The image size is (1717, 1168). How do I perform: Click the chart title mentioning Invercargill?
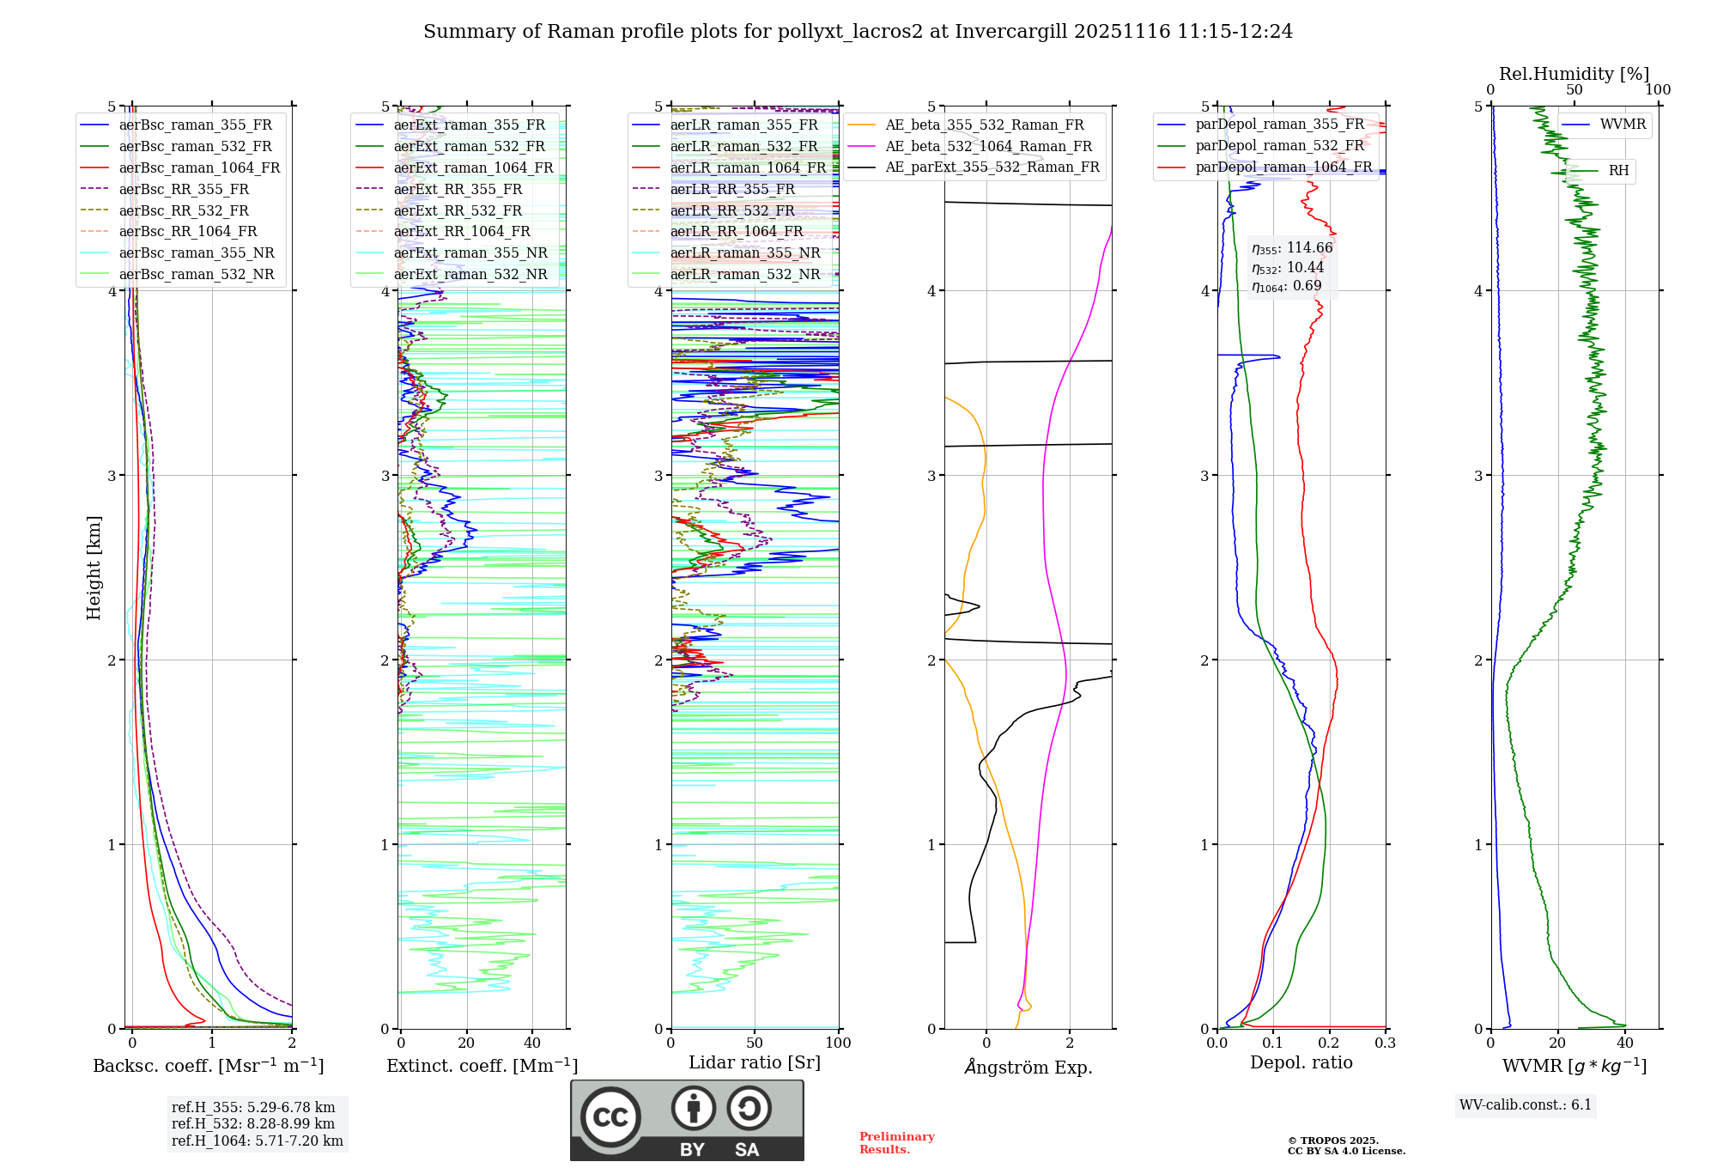coord(858,32)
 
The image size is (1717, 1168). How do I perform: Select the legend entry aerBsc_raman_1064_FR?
coord(199,168)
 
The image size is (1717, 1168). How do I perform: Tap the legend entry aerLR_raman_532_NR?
coord(745,275)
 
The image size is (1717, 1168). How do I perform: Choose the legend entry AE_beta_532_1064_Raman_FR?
coord(988,147)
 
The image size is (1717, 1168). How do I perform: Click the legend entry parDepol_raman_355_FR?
coord(1279,125)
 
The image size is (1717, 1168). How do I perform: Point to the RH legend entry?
coord(1618,171)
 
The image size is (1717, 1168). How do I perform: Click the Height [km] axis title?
coord(94,568)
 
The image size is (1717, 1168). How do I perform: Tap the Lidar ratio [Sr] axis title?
coord(755,1063)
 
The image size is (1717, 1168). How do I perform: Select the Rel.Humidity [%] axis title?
coord(1574,74)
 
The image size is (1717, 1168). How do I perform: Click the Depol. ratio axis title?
coord(1301,1063)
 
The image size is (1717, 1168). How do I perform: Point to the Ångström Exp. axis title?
coord(1028,1068)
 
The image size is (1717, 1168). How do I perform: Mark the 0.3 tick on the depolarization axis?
coord(1385,1043)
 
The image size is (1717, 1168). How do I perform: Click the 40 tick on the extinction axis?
coord(532,1043)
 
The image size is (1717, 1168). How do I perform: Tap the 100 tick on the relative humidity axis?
coord(1658,90)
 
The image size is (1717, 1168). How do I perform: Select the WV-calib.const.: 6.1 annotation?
coord(1526,1105)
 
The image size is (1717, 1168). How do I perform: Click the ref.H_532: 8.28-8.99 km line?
coord(253,1124)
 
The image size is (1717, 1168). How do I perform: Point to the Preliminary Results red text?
coord(896,1143)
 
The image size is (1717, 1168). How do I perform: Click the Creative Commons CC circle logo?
coord(610,1117)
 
